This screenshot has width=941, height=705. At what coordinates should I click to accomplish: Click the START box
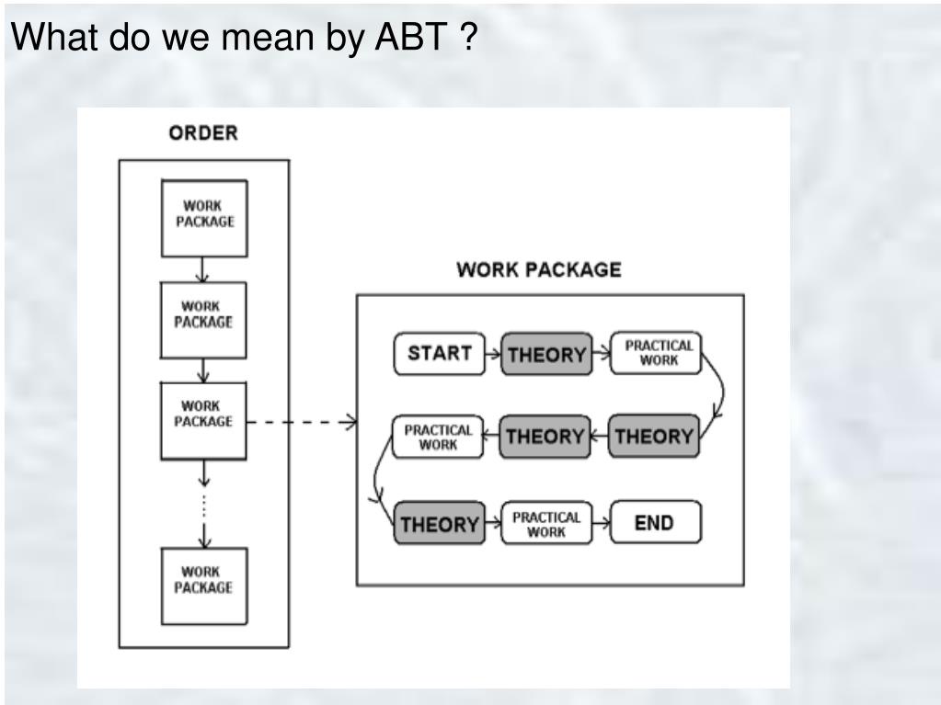pos(439,354)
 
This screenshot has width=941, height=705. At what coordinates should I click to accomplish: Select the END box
pos(655,523)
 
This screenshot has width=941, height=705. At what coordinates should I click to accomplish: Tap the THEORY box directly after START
pos(546,354)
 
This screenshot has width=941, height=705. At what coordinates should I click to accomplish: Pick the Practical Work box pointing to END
pos(546,523)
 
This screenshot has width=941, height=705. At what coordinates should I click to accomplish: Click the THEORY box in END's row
pos(439,524)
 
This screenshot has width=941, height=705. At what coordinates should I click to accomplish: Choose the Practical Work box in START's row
pos(658,353)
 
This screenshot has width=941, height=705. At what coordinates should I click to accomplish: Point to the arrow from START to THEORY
pos(493,354)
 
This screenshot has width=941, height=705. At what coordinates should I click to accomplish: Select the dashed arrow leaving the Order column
pos(304,423)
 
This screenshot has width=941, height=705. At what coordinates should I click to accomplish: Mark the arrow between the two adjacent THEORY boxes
pos(599,437)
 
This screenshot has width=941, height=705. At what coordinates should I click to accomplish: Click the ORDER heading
pos(202,133)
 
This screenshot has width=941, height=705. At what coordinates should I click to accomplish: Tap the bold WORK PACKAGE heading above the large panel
pos(538,270)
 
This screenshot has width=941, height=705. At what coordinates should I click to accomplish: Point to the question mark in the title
pos(468,38)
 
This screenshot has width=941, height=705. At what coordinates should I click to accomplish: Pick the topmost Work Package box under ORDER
pos(204,217)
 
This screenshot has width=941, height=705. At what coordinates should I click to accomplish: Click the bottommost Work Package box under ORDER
pos(204,586)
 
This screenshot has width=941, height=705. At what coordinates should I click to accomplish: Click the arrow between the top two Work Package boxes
pos(204,269)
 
